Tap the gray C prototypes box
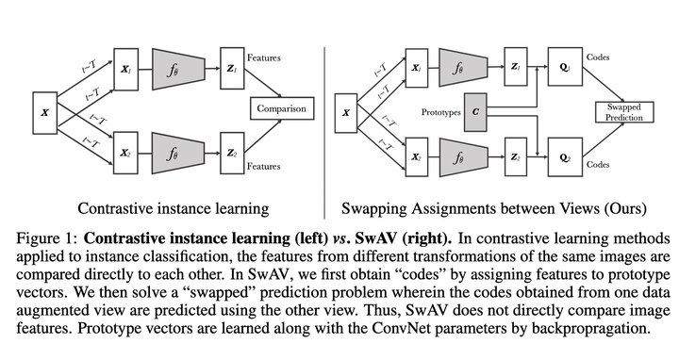pos(475,111)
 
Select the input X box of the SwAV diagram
pos(346,111)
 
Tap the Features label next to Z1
pos(263,57)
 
